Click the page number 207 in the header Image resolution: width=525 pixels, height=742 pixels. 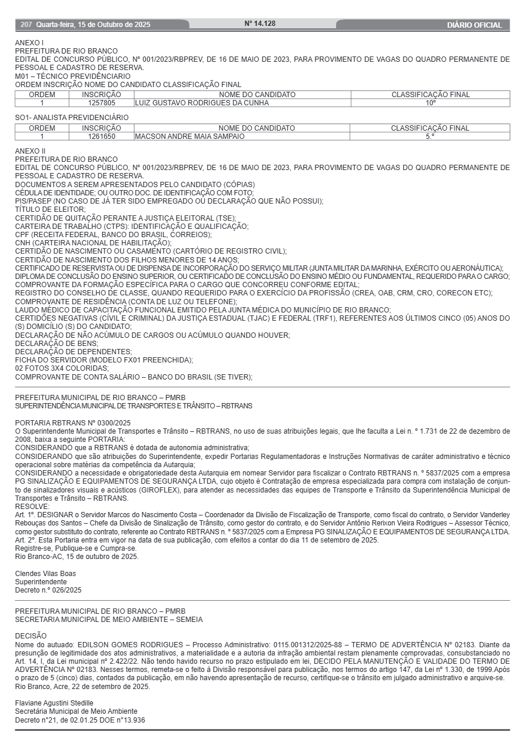[26, 25]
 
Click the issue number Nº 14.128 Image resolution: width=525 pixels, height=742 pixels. [260, 24]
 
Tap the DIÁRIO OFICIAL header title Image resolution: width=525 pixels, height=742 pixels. [474, 25]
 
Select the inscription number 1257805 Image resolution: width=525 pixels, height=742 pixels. [101, 103]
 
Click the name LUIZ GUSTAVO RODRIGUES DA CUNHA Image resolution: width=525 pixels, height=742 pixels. [202, 103]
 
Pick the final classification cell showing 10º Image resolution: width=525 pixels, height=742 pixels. [431, 103]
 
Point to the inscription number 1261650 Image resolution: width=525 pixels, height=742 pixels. [101, 137]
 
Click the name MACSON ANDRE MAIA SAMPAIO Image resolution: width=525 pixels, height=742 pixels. [190, 137]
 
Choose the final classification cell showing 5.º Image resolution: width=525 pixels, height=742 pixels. [430, 137]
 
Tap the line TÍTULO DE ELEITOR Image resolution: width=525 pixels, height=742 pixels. [50, 209]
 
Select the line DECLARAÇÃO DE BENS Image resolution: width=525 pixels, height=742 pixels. [57, 343]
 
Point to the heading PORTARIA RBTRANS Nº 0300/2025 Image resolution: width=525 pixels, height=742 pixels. [72, 422]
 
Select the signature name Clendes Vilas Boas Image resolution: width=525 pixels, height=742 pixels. [45, 574]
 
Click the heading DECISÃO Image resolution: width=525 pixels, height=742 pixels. [31, 636]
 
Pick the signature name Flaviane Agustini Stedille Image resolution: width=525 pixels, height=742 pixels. [54, 703]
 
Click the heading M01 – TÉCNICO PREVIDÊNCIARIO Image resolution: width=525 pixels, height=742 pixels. [72, 76]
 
